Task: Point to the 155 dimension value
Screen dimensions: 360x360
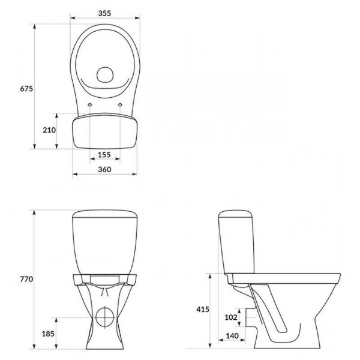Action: [104, 155]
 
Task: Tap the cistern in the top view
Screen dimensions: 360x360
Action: [105, 132]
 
